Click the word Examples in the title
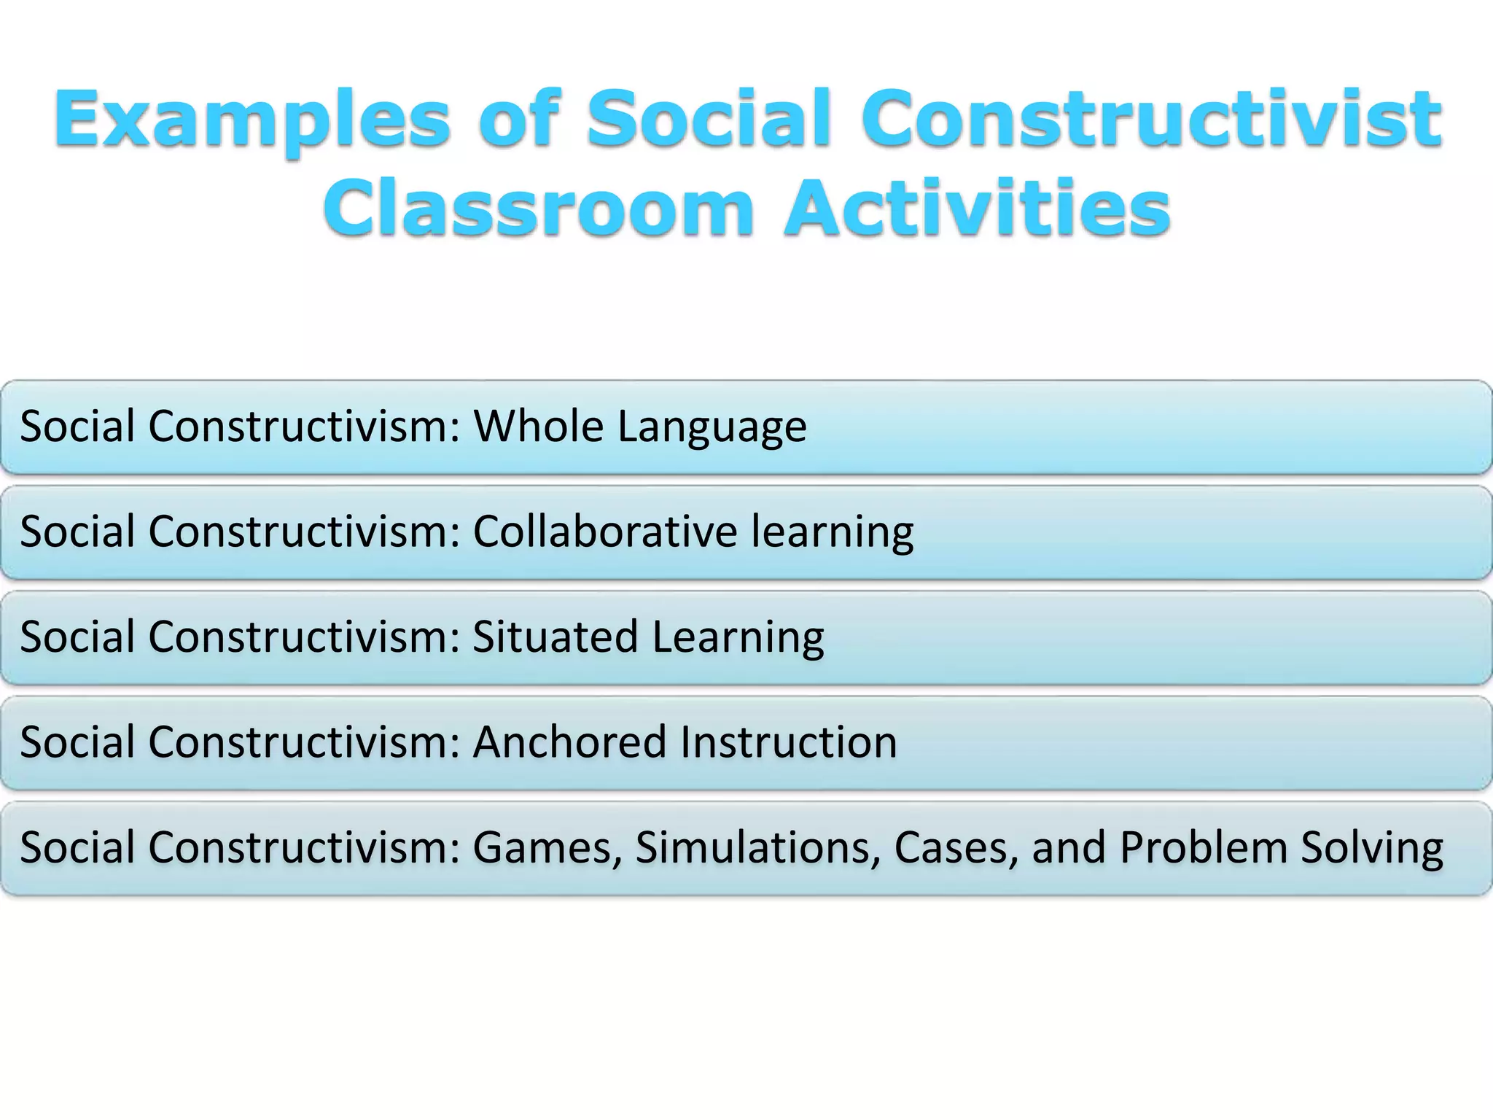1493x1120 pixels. click(x=252, y=120)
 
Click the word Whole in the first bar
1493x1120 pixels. click(x=538, y=426)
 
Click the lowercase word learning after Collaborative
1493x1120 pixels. click(x=832, y=532)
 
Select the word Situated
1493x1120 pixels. click(x=555, y=637)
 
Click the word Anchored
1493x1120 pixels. click(x=569, y=742)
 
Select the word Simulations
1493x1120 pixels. click(x=757, y=848)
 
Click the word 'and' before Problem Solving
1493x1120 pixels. click(x=1069, y=848)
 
